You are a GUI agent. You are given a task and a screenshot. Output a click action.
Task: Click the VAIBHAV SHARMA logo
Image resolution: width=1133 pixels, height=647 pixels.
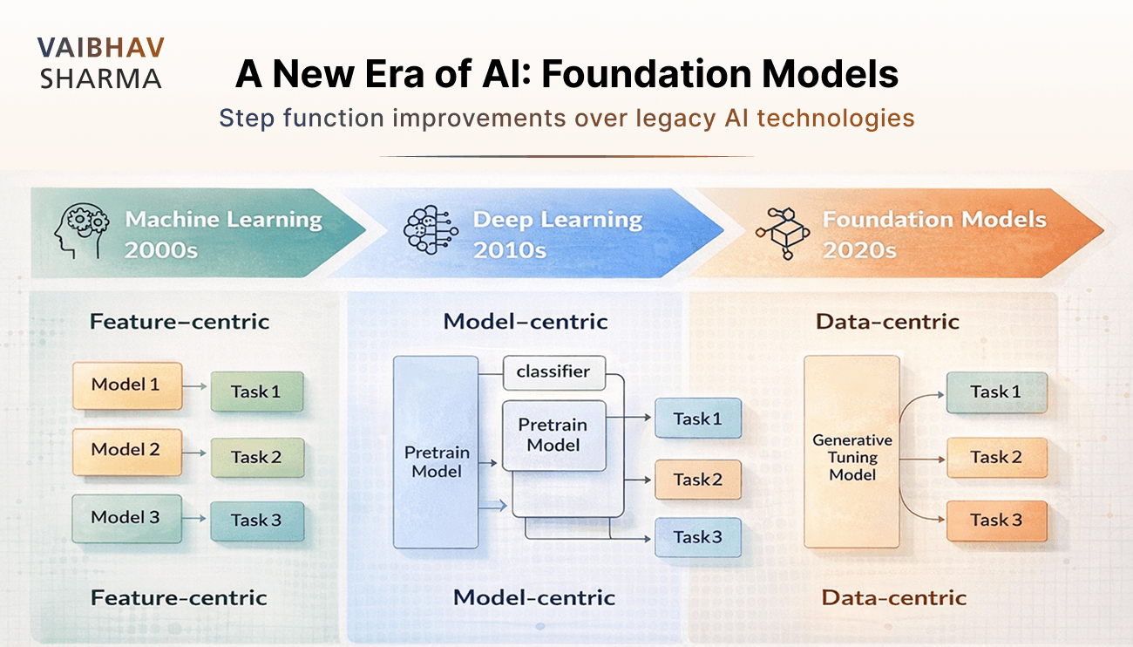(100, 63)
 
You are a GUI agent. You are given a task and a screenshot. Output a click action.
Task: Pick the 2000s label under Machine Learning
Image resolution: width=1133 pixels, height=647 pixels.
(162, 250)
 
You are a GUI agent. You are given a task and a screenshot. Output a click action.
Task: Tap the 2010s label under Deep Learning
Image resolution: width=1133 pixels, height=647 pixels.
(510, 250)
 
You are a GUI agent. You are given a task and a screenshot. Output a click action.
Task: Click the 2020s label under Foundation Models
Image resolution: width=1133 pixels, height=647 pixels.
(859, 250)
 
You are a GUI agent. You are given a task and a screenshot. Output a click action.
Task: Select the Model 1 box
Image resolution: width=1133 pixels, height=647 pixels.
(127, 385)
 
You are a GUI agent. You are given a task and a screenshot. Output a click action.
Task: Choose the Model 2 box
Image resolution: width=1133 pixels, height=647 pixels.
(127, 452)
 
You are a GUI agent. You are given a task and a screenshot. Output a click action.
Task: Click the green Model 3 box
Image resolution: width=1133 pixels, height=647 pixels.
(127, 518)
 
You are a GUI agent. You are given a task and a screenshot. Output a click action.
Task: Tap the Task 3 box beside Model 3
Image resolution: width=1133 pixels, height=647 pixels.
(256, 521)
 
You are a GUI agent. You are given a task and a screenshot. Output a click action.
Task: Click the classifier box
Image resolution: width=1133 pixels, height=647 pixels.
(553, 372)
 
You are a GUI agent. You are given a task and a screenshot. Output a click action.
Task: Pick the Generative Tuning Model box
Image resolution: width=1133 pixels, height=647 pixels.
(851, 452)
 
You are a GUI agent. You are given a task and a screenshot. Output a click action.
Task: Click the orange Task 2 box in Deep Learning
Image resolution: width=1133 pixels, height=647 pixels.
(697, 480)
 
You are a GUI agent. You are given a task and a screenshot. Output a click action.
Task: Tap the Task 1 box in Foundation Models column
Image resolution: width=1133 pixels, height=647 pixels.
(995, 392)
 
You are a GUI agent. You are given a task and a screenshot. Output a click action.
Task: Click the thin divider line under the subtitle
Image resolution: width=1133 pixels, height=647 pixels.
(566, 157)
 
